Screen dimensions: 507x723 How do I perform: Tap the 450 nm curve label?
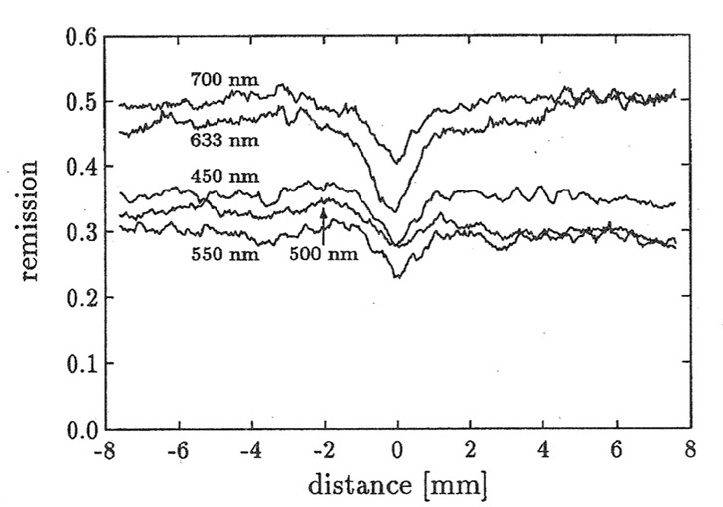(x=218, y=176)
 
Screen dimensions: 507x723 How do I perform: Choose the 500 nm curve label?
(x=319, y=254)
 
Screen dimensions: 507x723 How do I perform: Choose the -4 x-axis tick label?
(x=250, y=451)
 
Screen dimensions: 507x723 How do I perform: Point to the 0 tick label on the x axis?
(x=397, y=451)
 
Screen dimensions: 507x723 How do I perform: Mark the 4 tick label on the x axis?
(x=543, y=451)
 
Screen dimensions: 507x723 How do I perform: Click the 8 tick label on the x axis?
(x=688, y=451)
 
